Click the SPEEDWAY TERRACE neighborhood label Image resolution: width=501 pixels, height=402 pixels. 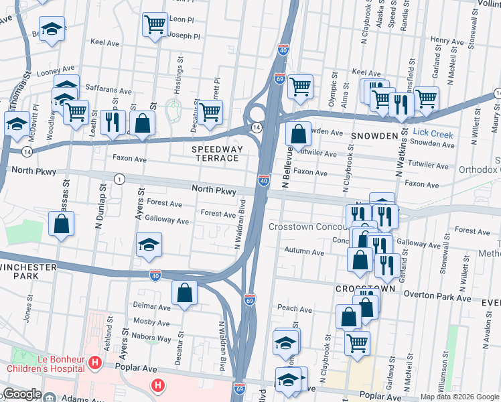pos(216,153)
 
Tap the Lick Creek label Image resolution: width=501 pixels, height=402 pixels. pos(433,135)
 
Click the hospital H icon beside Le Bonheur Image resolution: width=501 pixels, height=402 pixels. pos(95,364)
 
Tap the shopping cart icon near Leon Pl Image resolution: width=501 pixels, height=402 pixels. pos(155,25)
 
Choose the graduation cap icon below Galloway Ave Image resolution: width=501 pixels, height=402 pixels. pos(149,245)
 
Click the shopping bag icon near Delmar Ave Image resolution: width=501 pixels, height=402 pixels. pos(184,293)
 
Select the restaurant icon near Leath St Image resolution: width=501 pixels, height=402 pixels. pos(112,121)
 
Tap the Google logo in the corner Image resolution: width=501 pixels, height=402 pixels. pos(22,394)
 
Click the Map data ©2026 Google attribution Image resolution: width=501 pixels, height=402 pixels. pos(459,397)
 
